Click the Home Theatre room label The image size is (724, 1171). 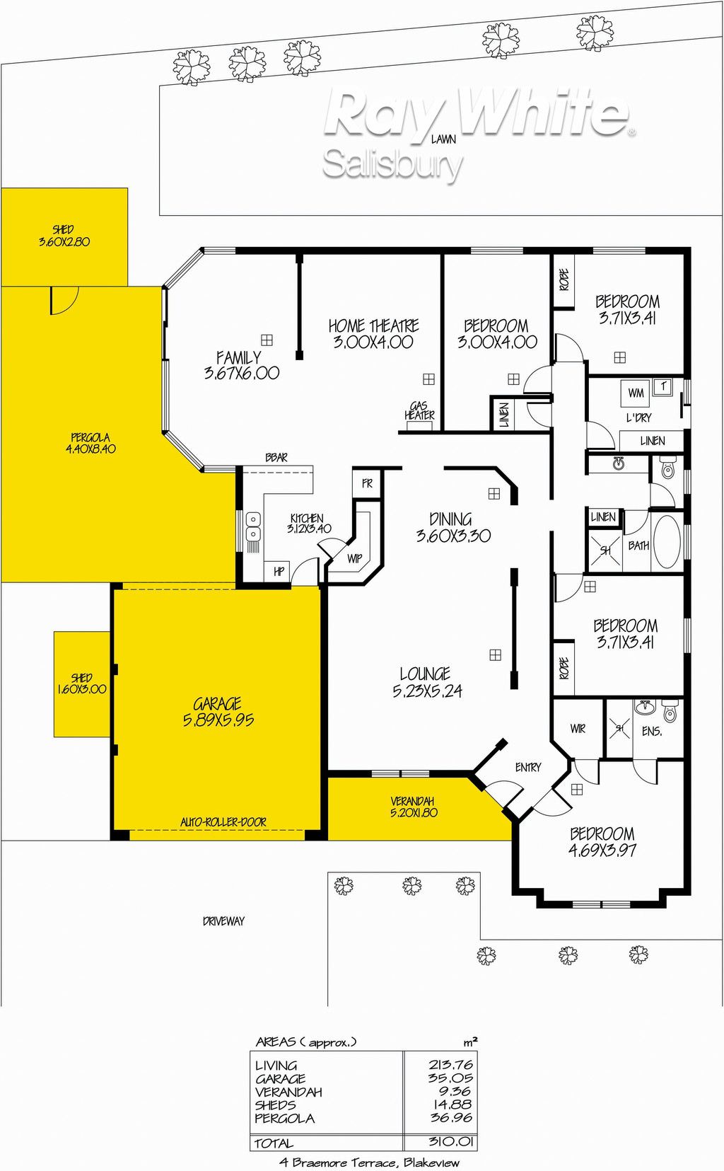point(373,333)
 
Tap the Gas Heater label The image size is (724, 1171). point(419,411)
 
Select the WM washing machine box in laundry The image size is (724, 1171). point(635,393)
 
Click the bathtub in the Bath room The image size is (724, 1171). point(667,543)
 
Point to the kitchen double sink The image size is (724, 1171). point(253,526)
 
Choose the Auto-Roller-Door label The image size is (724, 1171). point(223,822)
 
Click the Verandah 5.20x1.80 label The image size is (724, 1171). point(413,807)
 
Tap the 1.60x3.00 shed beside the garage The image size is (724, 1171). point(82,683)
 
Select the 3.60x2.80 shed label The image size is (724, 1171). point(64,236)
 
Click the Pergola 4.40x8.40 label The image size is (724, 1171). point(90,444)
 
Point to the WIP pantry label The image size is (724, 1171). point(355,559)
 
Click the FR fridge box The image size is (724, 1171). point(367,483)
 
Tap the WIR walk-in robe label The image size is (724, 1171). point(578,729)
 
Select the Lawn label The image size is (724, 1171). point(443,139)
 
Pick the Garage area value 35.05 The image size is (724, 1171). point(451,1078)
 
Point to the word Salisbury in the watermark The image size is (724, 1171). point(393,164)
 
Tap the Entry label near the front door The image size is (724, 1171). point(528,768)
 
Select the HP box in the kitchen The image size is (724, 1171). point(279,572)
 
